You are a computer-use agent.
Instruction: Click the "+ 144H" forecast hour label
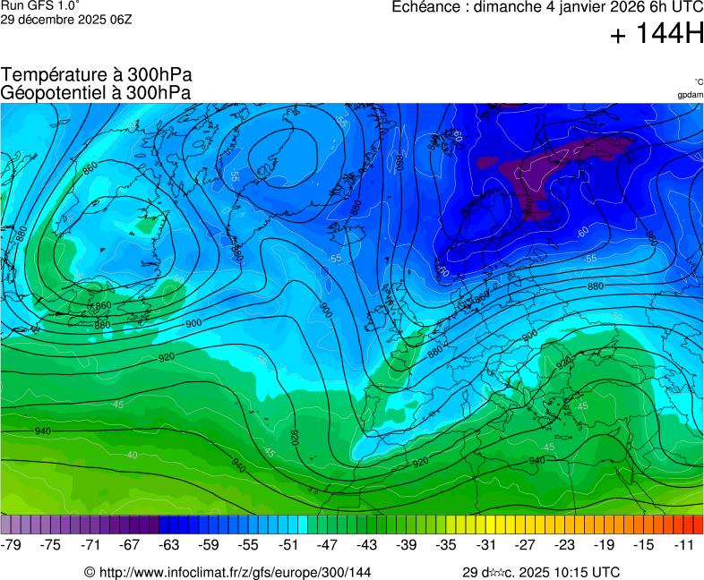[656, 35]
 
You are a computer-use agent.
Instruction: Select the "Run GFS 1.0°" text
[39, 5]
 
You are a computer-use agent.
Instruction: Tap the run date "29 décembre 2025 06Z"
[66, 19]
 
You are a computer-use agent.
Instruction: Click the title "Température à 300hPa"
[96, 75]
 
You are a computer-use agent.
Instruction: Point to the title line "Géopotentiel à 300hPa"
[96, 92]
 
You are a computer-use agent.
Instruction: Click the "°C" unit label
[698, 82]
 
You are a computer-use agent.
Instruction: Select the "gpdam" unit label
[690, 95]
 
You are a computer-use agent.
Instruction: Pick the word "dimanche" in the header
[508, 7]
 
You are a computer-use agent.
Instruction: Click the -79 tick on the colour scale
[12, 544]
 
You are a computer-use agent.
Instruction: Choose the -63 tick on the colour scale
[169, 544]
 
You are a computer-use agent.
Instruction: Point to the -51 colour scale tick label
[288, 544]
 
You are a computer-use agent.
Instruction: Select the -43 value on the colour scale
[367, 544]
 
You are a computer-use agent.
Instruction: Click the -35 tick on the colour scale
[446, 544]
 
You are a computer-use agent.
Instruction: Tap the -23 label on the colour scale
[565, 544]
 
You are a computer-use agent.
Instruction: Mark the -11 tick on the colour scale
[684, 544]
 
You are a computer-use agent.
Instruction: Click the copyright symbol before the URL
[90, 572]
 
